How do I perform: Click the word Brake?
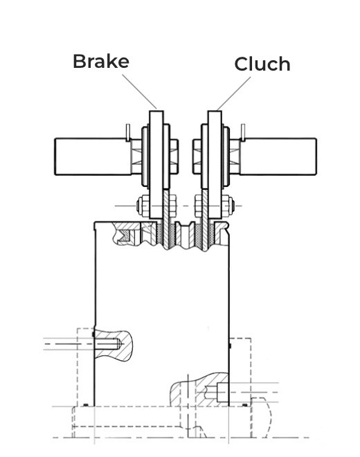(x=101, y=61)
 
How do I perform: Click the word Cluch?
(x=262, y=64)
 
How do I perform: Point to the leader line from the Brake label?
(x=139, y=91)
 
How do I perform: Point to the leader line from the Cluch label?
(x=234, y=93)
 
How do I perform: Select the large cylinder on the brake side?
(x=93, y=156)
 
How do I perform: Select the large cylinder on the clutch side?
(x=278, y=156)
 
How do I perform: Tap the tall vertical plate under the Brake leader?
(x=156, y=165)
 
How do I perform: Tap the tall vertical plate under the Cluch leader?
(x=215, y=165)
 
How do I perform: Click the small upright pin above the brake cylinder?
(x=127, y=133)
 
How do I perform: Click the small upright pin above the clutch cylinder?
(x=243, y=133)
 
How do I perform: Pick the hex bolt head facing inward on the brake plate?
(x=174, y=156)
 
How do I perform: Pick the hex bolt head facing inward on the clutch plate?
(x=197, y=156)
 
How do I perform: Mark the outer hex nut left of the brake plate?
(x=143, y=206)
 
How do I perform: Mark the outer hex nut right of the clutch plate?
(x=227, y=206)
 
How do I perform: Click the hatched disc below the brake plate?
(x=166, y=219)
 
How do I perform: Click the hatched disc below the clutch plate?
(x=205, y=219)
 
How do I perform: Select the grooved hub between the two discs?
(x=185, y=234)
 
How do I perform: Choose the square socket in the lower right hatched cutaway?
(x=223, y=393)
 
